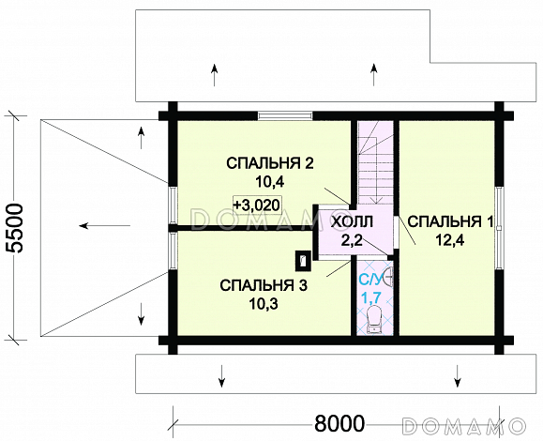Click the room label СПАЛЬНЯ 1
450,221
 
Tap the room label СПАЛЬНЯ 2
269,163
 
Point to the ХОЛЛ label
352,221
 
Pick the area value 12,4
450,239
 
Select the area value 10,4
269,181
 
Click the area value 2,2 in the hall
352,239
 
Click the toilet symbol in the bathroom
373,319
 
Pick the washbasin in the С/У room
389,279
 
